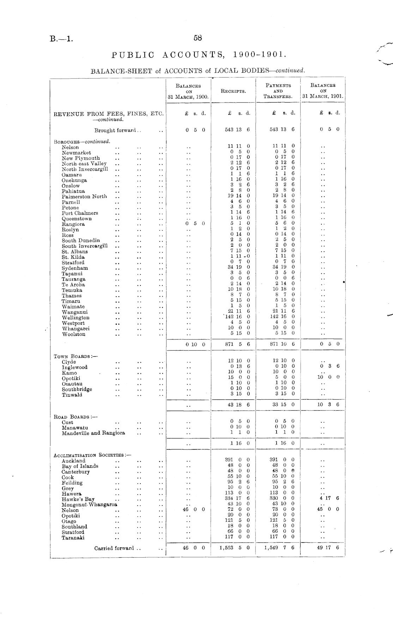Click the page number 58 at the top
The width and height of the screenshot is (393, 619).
coord(197,38)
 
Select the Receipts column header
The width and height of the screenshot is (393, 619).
coord(233,91)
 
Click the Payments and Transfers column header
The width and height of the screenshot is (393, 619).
coord(278,91)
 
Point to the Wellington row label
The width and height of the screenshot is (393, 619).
coord(75,318)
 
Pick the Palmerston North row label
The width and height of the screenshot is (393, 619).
coord(84,196)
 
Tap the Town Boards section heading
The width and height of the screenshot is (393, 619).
coord(75,356)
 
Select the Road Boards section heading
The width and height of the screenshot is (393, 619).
coord(75,417)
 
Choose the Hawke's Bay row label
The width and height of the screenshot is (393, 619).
coord(78,499)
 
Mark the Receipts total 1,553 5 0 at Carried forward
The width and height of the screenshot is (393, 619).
coord(235,548)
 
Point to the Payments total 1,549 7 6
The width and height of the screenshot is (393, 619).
coord(279,548)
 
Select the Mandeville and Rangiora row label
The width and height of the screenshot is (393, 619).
coord(93,433)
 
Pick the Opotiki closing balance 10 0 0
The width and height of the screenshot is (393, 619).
coord(328,377)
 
